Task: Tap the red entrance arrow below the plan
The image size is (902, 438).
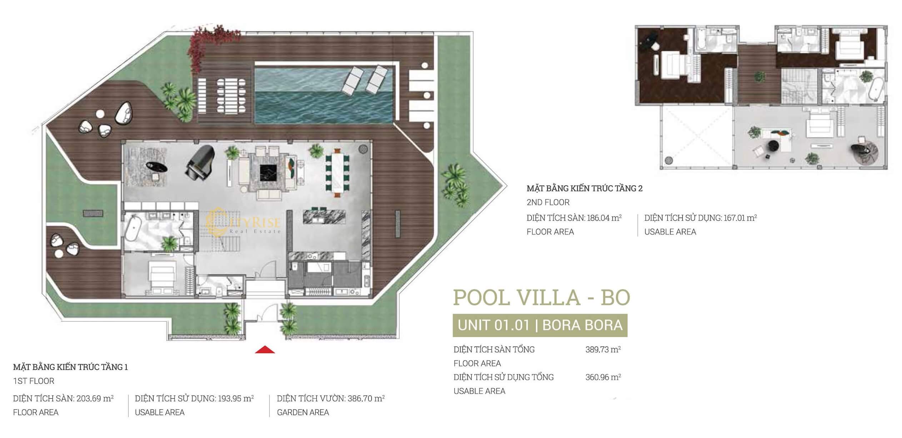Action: [x=265, y=349]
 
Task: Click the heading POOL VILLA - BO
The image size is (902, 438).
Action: [x=541, y=297]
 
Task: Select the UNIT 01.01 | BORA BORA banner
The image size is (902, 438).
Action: [x=540, y=325]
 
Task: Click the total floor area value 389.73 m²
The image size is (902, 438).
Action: [x=603, y=349]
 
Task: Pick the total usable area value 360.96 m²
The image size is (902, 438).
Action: [x=603, y=377]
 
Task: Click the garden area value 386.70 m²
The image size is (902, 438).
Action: [x=366, y=398]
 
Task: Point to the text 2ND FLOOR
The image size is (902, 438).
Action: [x=548, y=202]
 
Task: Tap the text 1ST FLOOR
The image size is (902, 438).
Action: [x=34, y=381]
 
